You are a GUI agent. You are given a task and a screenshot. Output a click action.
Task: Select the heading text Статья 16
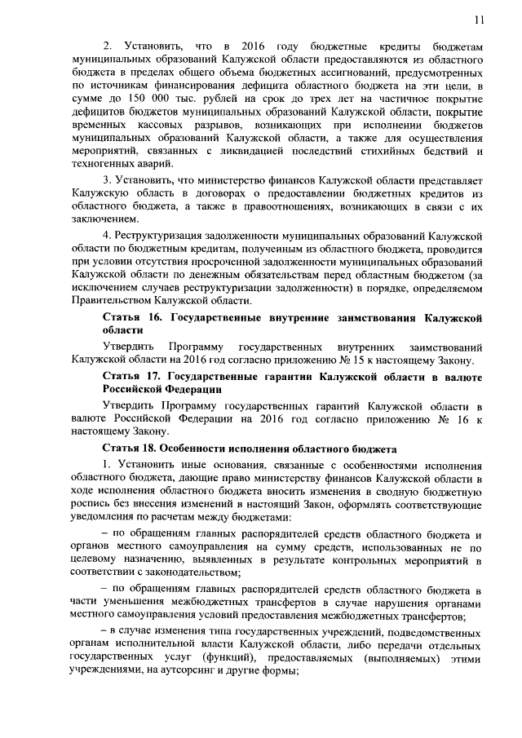[132, 317]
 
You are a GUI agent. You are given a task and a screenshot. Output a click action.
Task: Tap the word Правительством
[111, 302]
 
